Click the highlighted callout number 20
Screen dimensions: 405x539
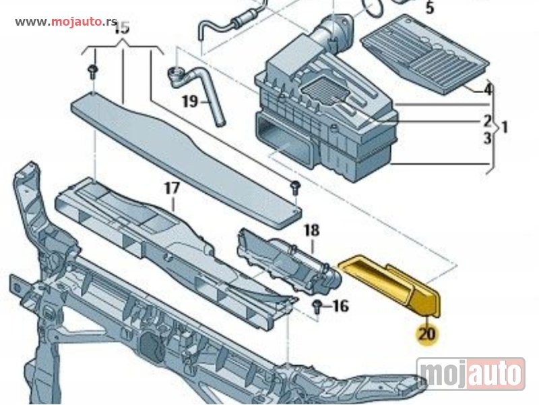[x=426, y=333]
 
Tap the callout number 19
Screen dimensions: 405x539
[x=189, y=102]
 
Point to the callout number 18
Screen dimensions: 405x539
[x=311, y=230]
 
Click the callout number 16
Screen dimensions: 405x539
[x=340, y=307]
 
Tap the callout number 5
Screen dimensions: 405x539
[x=430, y=9]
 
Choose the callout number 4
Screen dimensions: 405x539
[x=488, y=88]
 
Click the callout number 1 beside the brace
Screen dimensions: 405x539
[x=505, y=126]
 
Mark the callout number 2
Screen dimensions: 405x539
[x=486, y=122]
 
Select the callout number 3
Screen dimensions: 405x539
[x=486, y=139]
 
